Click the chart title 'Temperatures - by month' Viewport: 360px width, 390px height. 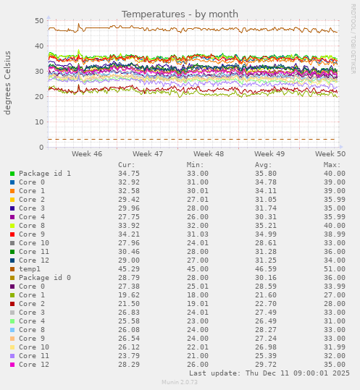click(180, 14)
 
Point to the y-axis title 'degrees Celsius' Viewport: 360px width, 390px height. click(9, 82)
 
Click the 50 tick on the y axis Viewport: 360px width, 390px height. click(38, 21)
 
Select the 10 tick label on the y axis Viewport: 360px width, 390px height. click(38, 122)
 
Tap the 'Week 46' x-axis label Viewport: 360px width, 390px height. click(87, 154)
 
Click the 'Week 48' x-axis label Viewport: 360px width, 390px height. click(209, 154)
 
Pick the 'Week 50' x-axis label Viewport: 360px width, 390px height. click(330, 154)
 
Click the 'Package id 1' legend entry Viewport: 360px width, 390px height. click(45, 174)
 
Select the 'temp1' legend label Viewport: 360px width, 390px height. click(30, 269)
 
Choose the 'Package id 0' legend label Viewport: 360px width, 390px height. click(45, 278)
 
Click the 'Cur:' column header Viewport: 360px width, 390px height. click(127, 165)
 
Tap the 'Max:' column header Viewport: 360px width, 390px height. click(332, 165)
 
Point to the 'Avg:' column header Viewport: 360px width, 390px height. click(264, 165)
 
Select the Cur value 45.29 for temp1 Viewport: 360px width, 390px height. click(129, 269)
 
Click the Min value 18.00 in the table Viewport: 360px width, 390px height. click(198, 295)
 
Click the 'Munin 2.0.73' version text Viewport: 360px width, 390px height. click(180, 383)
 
